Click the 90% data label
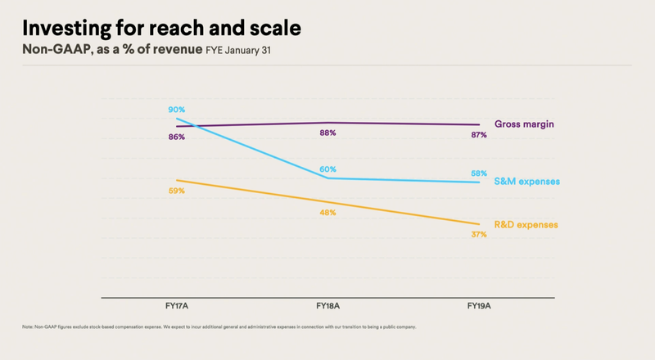pos(177,110)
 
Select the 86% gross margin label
pos(177,137)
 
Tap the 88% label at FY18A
pos(327,133)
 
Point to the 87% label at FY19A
pos(479,135)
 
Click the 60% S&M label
pos(327,169)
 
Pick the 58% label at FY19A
pos(479,173)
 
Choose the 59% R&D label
pos(177,191)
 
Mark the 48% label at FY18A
pos(327,213)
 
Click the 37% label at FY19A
pos(479,235)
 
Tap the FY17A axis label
pos(177,305)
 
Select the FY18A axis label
pos(327,305)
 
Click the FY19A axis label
pos(479,305)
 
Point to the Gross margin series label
pos(524,124)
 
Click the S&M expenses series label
pos(527,181)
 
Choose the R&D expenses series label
pos(527,224)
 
